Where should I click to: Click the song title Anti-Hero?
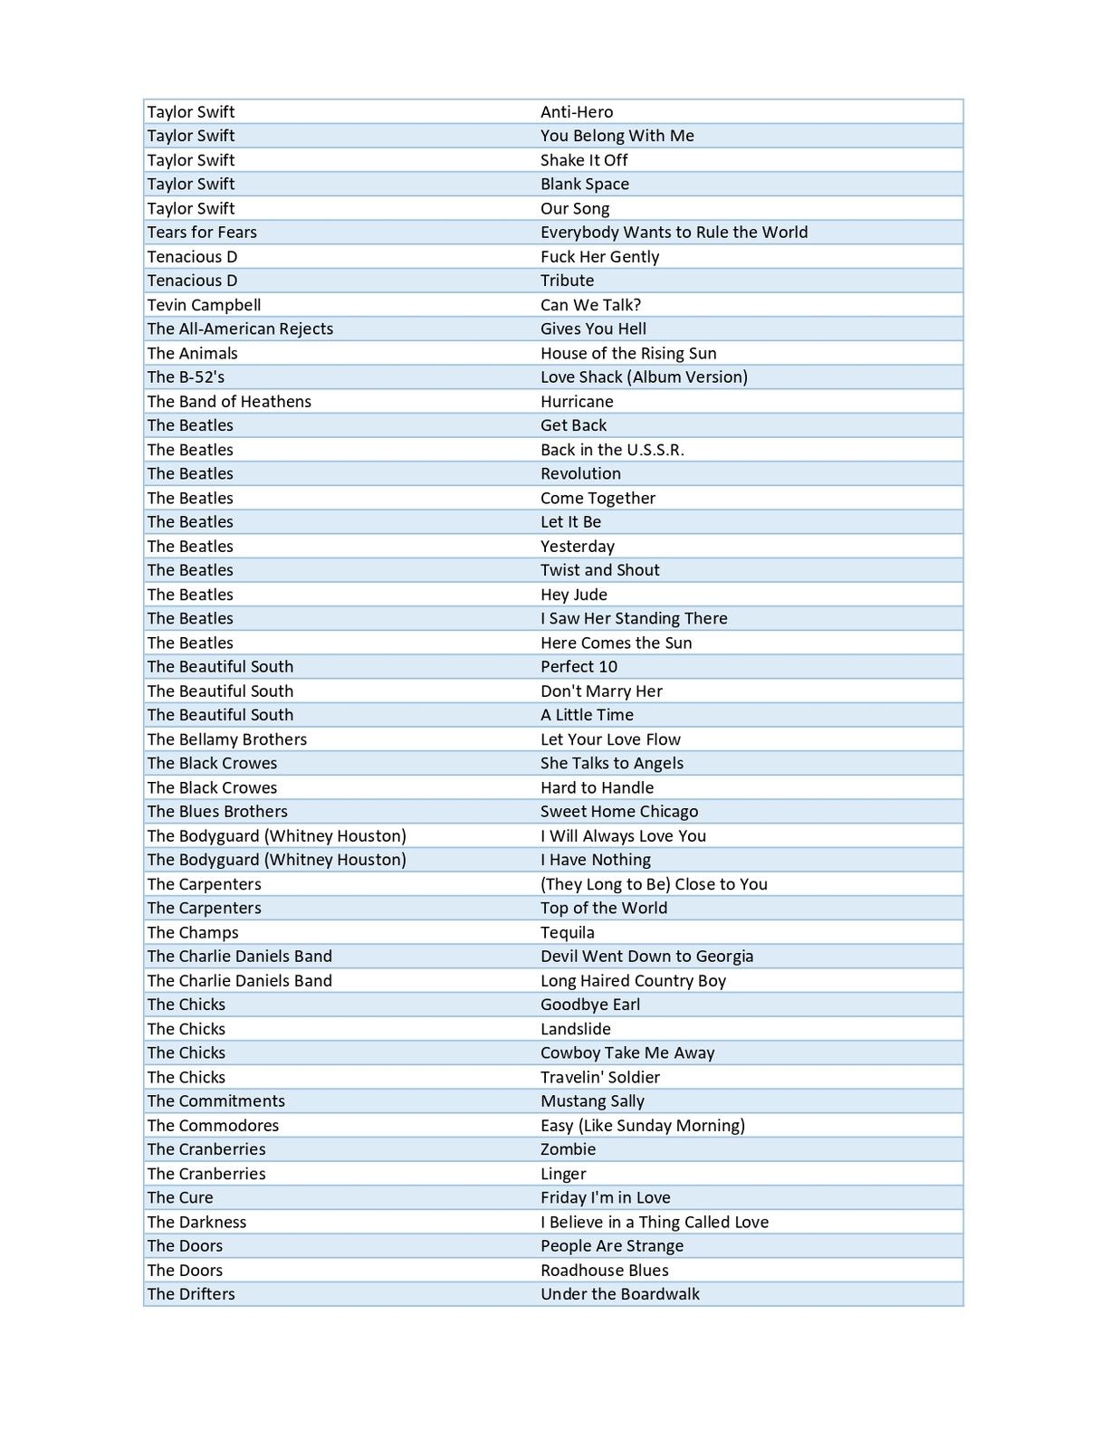tap(577, 112)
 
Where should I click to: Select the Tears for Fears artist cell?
tap(202, 233)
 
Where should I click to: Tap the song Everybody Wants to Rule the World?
tap(674, 233)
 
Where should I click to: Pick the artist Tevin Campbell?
tap(204, 305)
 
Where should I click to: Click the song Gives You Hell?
tap(593, 329)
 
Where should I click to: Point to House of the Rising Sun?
tap(628, 354)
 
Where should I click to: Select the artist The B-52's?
tap(186, 377)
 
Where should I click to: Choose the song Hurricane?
tap(577, 402)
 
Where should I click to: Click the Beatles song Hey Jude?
tap(574, 595)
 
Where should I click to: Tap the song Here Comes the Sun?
tap(616, 643)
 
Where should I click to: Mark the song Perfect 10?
tap(579, 667)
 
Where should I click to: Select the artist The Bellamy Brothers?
tap(227, 739)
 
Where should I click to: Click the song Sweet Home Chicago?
tap(619, 812)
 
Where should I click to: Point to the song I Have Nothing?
tap(596, 860)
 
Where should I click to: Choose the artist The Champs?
tap(193, 933)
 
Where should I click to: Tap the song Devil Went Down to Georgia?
tap(646, 957)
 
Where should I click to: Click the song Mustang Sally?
tap(592, 1101)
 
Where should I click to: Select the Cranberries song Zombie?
tap(568, 1149)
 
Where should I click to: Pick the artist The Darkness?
tap(196, 1223)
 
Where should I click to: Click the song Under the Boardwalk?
tap(620, 1294)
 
